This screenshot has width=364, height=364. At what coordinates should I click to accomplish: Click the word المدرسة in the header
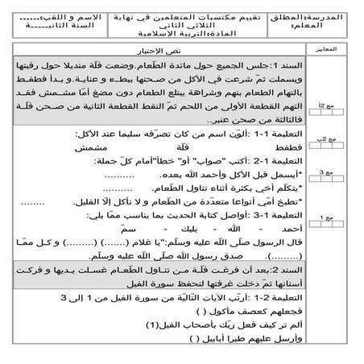336,16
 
